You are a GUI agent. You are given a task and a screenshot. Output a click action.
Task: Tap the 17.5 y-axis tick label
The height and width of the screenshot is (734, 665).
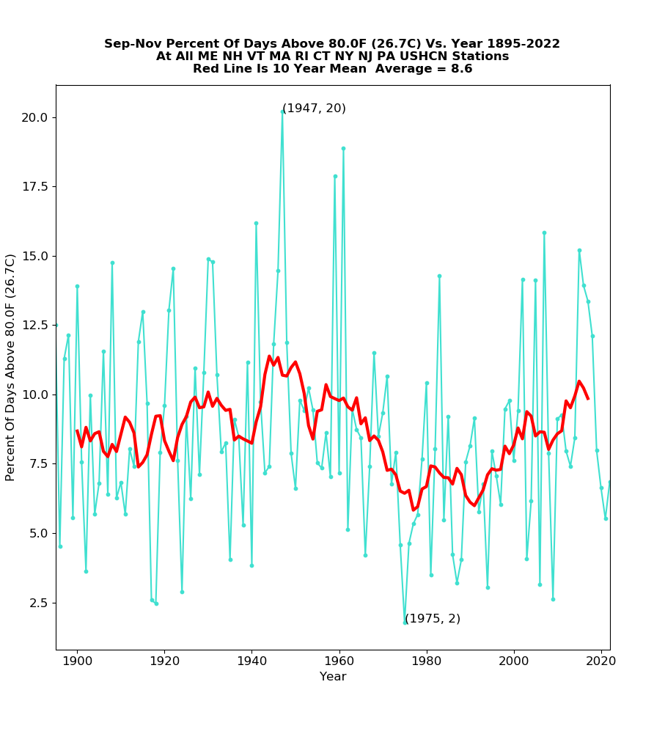(x=34, y=187)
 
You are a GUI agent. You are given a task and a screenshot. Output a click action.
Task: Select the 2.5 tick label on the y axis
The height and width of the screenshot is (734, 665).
(x=37, y=603)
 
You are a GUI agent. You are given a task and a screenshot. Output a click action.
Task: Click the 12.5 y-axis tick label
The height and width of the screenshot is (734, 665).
(x=34, y=326)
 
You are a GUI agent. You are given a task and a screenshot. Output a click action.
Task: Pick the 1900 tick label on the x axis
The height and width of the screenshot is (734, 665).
(x=77, y=660)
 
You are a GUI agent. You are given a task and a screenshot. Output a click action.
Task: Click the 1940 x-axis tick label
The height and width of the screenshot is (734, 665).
(x=251, y=660)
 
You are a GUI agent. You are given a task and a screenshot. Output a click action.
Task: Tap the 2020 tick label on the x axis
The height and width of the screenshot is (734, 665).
(x=601, y=660)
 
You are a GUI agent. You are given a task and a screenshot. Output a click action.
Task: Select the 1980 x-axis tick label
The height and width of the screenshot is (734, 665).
(x=427, y=660)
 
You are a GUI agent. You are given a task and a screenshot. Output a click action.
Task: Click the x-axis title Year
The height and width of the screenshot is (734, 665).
(x=333, y=677)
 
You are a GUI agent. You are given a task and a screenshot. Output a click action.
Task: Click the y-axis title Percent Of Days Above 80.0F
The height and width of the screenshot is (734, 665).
(x=11, y=367)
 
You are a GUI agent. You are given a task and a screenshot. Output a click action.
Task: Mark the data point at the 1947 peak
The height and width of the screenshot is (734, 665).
(x=282, y=111)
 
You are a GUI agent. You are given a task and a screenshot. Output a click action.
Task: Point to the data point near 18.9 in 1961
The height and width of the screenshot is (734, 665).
(x=343, y=148)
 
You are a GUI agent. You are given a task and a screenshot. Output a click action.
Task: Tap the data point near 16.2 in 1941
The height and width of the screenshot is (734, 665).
(x=256, y=223)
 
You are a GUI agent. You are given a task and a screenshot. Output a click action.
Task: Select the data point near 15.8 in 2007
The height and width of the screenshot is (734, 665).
(x=544, y=232)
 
